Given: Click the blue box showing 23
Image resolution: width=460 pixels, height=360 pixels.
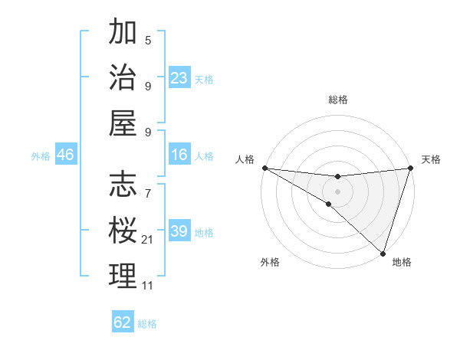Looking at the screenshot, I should coord(179,78).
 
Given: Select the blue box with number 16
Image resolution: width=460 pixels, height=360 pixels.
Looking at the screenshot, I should coord(179,155).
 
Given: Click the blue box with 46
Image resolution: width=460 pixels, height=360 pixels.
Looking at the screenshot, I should coord(66,155).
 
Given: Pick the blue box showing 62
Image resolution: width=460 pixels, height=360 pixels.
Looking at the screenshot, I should coord(123,322).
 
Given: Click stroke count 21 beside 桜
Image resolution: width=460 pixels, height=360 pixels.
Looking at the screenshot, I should coord(147,240).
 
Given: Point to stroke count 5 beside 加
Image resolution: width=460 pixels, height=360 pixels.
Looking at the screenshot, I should coord(147,40).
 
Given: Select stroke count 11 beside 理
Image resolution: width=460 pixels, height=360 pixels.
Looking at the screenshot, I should coord(147,286).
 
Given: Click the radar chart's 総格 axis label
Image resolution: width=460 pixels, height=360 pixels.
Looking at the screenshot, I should coord(337,100).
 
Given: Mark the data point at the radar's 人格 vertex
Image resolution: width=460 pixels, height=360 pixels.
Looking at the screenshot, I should coord(264,168).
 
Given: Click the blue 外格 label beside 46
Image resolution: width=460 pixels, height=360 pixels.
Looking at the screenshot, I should coord(41,156).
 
